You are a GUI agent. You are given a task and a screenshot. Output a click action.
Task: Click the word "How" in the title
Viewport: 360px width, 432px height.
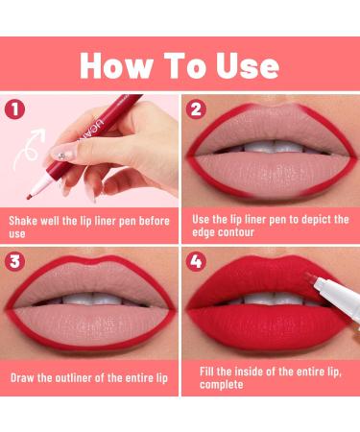point(115,65)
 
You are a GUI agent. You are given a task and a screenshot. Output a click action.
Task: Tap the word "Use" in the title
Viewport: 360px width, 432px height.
point(248,65)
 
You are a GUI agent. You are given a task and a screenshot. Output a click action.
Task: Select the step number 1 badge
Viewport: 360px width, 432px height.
point(14,109)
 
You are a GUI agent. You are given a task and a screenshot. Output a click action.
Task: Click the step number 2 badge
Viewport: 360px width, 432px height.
point(196,109)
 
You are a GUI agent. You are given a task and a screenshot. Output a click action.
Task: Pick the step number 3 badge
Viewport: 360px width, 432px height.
point(14,262)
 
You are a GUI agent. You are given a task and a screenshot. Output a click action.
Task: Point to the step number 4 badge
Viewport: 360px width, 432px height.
point(196,262)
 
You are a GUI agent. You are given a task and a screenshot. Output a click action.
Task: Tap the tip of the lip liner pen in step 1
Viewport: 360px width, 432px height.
point(28,198)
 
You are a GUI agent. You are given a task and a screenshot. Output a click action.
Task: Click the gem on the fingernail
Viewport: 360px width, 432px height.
point(62,156)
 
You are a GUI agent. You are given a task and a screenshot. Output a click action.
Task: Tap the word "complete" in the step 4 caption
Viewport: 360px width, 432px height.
point(222,384)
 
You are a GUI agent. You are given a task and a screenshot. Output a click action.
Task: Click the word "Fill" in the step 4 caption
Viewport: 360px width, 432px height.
point(206,372)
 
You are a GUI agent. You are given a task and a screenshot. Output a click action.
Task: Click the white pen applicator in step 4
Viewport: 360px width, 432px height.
point(333,295)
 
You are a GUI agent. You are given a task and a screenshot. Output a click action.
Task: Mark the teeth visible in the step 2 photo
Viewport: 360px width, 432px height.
point(272,148)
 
